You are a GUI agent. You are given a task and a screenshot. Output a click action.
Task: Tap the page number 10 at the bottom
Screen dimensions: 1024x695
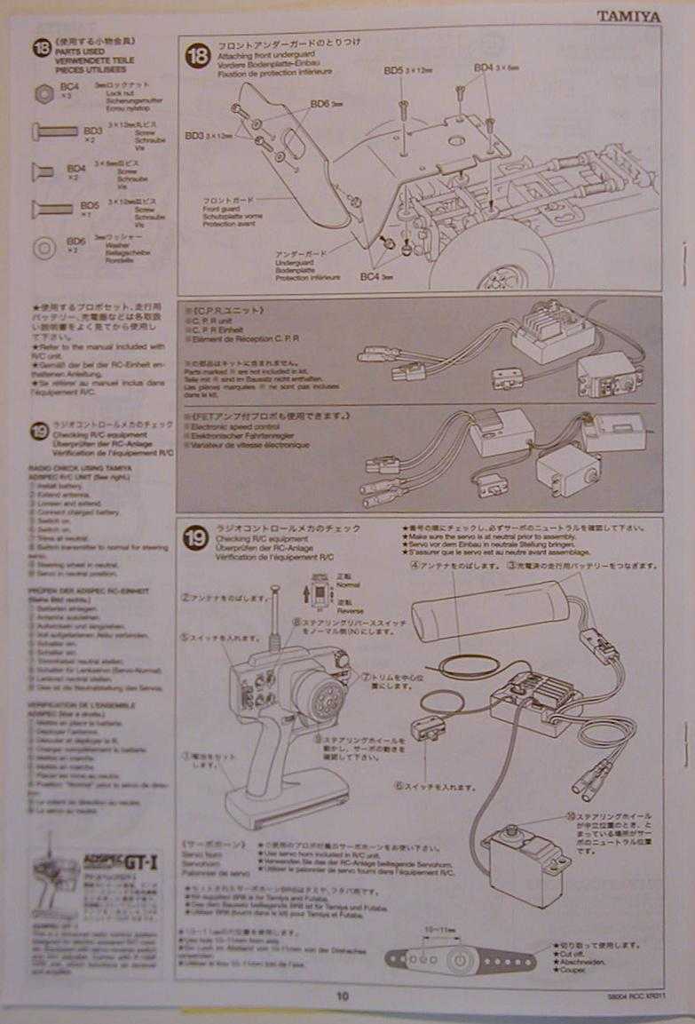pos(343,996)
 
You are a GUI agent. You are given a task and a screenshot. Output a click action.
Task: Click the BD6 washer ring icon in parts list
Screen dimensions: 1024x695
pos(43,247)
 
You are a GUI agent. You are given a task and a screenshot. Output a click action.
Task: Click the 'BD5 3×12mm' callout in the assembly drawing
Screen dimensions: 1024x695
pos(406,70)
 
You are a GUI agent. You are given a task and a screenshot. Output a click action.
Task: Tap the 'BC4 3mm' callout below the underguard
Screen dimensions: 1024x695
pos(375,277)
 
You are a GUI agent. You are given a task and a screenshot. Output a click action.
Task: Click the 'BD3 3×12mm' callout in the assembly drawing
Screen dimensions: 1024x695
pos(208,136)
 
